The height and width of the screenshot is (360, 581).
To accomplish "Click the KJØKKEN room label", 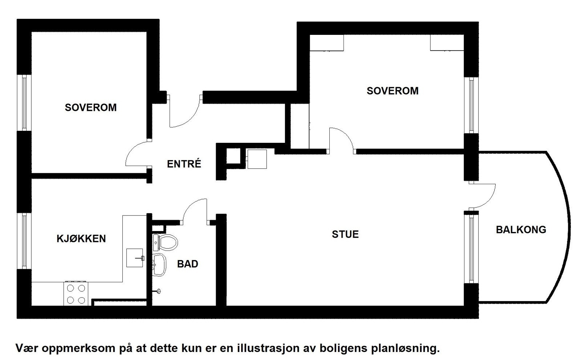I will click(x=81, y=239).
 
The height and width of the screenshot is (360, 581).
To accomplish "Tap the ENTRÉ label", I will click(x=184, y=164).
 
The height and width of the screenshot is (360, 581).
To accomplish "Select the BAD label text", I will click(x=187, y=264).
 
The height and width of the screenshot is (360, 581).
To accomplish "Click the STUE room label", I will click(x=345, y=234).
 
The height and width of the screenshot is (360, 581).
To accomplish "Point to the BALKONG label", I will click(x=521, y=230).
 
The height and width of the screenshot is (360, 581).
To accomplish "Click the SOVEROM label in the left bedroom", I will click(x=91, y=108).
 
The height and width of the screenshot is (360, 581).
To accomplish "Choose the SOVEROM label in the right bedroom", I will click(x=392, y=91).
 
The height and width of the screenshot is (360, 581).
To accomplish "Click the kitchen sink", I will click(x=135, y=258).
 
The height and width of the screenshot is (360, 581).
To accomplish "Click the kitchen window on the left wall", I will click(x=24, y=241).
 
